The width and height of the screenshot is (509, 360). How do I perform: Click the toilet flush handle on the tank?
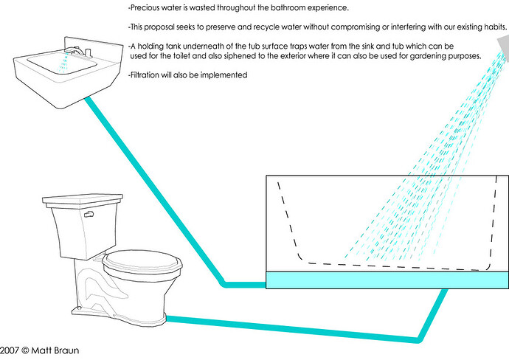(x=89, y=214)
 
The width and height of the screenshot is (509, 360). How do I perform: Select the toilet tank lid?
(x=83, y=201)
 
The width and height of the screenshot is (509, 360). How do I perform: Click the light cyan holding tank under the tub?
(x=387, y=280)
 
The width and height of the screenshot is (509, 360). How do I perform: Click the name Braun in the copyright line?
(x=66, y=350)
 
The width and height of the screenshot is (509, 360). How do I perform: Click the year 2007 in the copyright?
(x=9, y=350)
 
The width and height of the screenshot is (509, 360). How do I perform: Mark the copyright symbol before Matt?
(x=25, y=350)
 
